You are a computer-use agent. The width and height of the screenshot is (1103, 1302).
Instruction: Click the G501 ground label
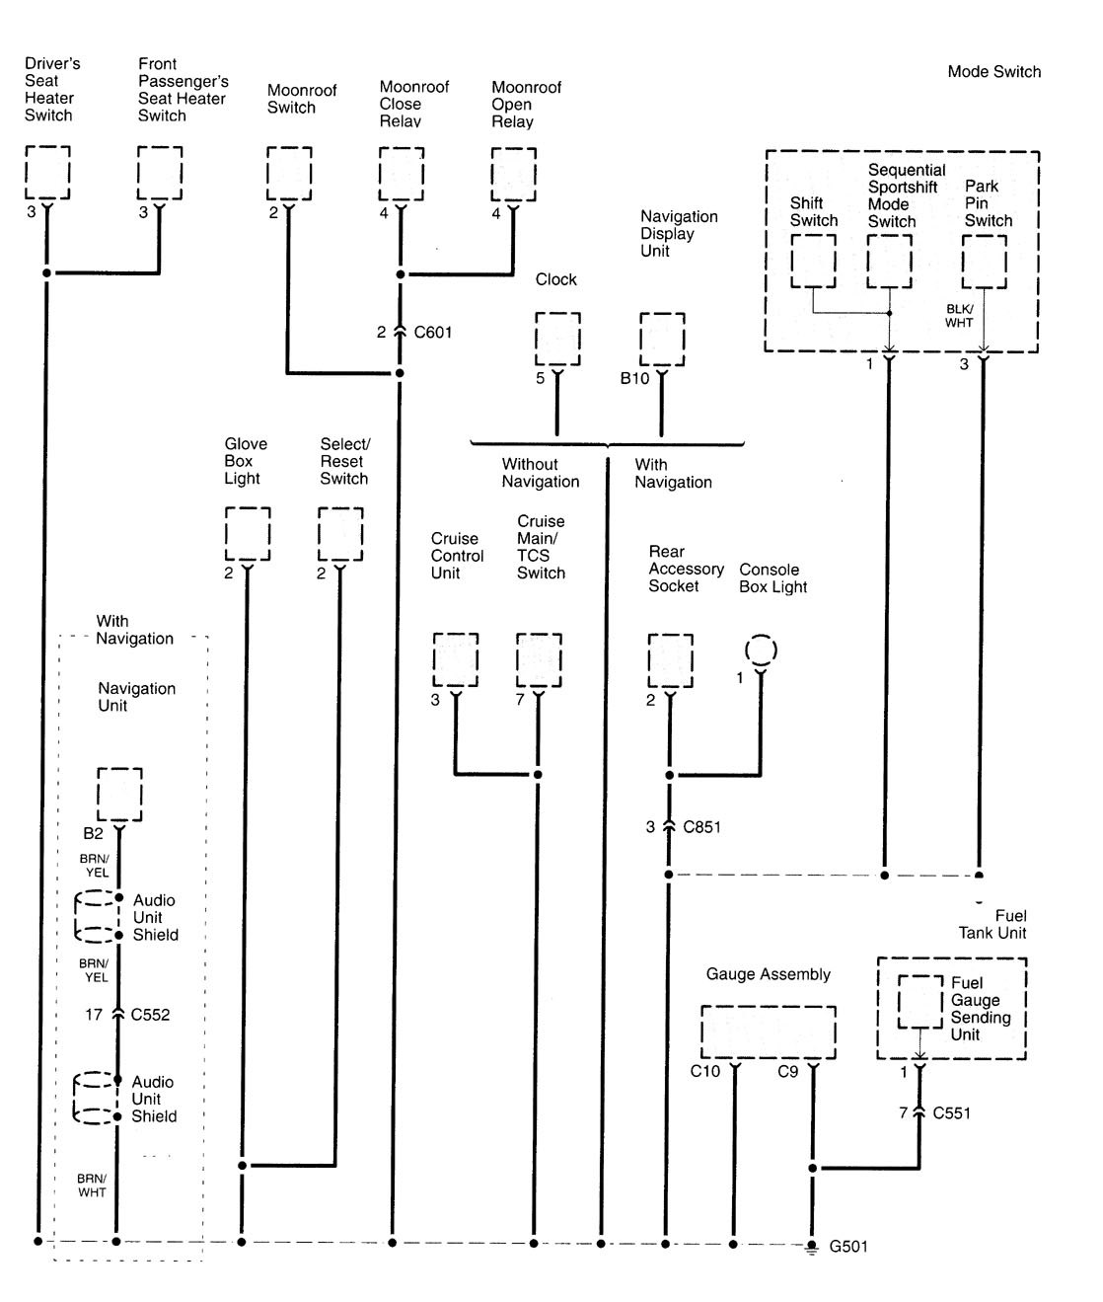(x=847, y=1246)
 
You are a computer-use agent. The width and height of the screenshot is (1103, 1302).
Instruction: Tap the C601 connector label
(x=433, y=332)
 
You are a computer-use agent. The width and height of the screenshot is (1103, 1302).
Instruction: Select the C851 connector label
(x=701, y=826)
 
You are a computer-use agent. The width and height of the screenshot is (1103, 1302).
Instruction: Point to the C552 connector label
(x=150, y=1014)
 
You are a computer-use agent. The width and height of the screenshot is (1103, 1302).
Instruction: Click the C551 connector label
(x=951, y=1112)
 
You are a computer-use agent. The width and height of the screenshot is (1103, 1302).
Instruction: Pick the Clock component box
(x=557, y=339)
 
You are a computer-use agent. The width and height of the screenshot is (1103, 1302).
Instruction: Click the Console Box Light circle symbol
(x=761, y=651)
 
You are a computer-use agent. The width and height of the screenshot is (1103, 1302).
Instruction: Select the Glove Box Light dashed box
(x=248, y=534)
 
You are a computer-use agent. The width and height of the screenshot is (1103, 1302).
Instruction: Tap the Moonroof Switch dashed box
(x=289, y=173)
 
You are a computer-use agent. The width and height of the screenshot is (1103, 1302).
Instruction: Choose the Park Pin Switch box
(x=984, y=262)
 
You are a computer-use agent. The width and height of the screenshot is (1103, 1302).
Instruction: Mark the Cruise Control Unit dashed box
(x=456, y=659)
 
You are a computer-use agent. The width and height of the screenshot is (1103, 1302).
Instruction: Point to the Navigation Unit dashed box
(x=119, y=794)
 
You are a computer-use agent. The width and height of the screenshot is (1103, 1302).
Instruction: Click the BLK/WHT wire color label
(x=959, y=316)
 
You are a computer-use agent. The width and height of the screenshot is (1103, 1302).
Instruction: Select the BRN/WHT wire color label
(x=93, y=1186)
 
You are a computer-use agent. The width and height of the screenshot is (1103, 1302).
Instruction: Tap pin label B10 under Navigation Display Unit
(x=634, y=378)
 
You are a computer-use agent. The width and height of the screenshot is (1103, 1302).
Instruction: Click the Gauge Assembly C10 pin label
(x=705, y=1071)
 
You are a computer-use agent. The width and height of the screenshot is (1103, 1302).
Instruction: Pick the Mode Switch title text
(x=993, y=71)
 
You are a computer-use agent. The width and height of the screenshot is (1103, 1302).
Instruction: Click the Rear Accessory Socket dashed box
(x=670, y=659)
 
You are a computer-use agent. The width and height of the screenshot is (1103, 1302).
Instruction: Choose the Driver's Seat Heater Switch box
(x=47, y=173)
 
